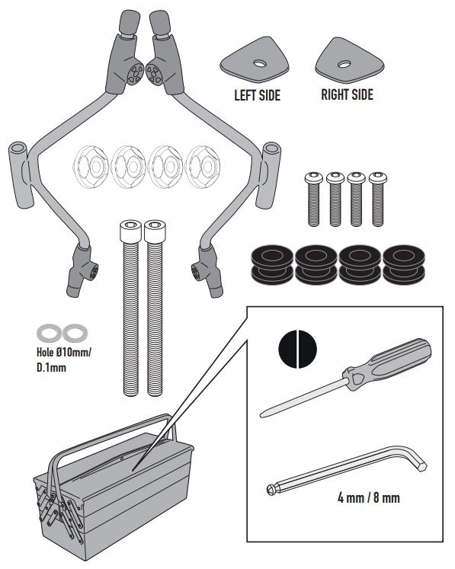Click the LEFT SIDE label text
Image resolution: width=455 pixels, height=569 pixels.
(x=257, y=95)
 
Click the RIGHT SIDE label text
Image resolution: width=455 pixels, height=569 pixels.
(x=347, y=94)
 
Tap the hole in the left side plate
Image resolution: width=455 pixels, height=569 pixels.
(x=260, y=64)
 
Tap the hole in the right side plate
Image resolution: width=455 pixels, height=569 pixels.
(x=344, y=65)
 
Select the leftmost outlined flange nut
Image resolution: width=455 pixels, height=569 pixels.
(x=91, y=167)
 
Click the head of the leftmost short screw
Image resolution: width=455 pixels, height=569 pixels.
(x=314, y=177)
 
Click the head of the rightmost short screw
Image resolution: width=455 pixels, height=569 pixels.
(x=378, y=177)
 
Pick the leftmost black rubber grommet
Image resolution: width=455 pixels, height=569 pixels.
(x=272, y=264)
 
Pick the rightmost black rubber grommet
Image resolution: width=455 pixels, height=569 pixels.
(x=404, y=264)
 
